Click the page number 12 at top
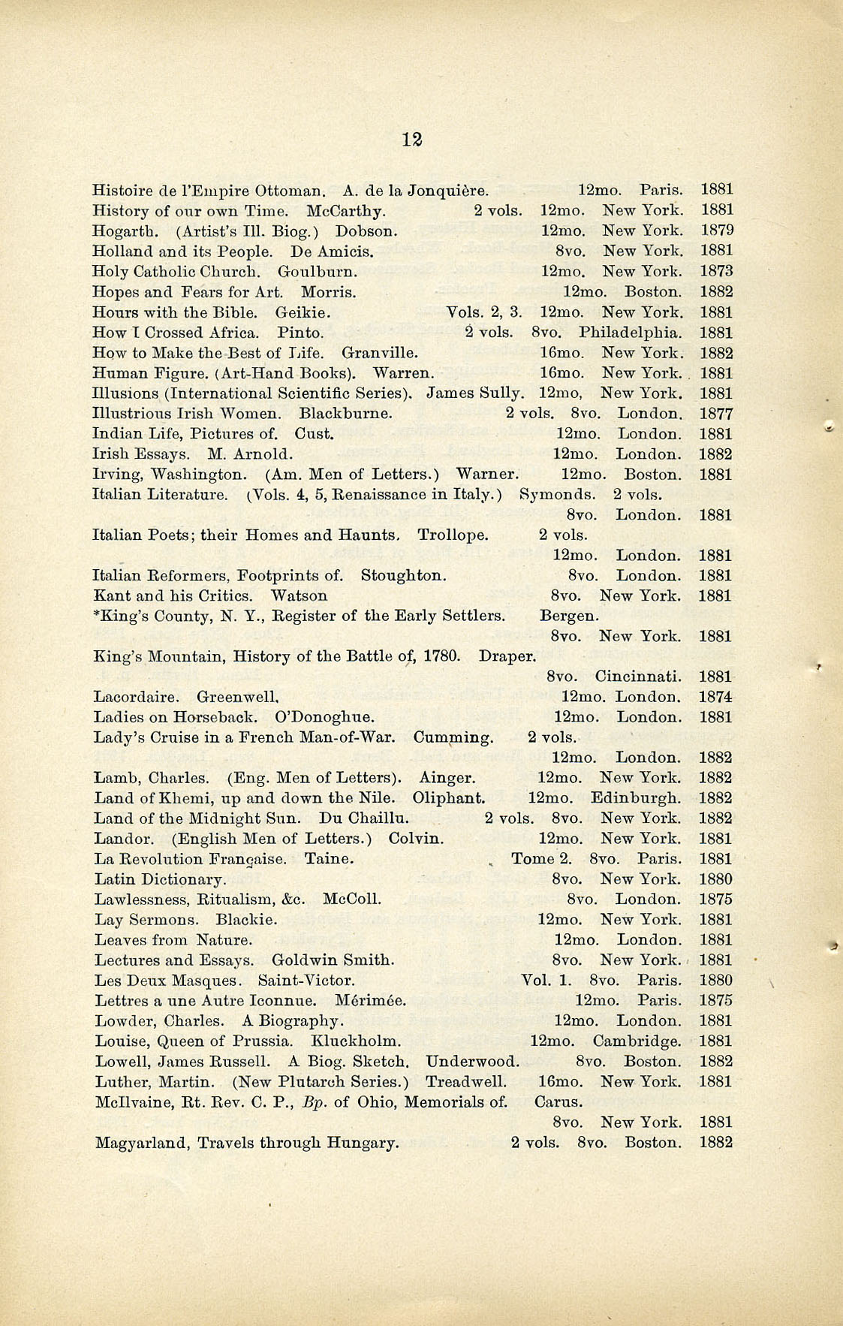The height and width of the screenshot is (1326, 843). pos(411,140)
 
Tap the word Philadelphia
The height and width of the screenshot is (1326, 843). pos(631,332)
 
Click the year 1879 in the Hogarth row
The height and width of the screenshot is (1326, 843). pos(717,231)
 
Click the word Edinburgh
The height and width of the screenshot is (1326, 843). pos(636,798)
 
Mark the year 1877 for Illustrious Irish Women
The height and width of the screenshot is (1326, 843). pos(716,414)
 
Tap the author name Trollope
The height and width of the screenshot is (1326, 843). pos(453,535)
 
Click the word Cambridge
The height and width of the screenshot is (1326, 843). pos(637,1041)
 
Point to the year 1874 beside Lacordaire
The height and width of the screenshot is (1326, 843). pos(715,697)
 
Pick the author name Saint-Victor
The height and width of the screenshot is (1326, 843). pos(306,981)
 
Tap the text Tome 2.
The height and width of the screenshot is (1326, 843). pos(541,859)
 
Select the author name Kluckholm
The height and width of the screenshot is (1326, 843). pos(355,1041)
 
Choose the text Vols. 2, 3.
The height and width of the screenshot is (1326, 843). pos(483,312)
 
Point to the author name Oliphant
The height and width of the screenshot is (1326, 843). pos(448,798)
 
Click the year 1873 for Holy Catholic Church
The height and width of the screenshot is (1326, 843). pos(716,271)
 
